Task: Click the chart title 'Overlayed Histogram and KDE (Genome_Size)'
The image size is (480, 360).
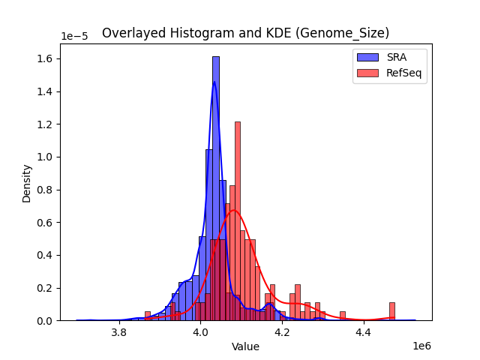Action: click(245, 33)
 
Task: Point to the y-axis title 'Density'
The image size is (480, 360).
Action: click(27, 183)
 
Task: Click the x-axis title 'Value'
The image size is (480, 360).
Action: click(245, 346)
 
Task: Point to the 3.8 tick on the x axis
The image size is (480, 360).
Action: click(118, 331)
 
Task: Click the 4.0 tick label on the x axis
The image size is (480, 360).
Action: click(200, 331)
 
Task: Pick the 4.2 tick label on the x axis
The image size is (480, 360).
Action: click(282, 331)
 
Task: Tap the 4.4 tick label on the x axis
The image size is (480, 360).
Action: click(364, 331)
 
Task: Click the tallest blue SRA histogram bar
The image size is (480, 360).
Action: click(216, 187)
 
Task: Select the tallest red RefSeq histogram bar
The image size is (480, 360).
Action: click(238, 221)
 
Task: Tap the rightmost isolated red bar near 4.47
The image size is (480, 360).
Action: click(391, 311)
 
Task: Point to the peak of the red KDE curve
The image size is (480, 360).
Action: click(234, 211)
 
